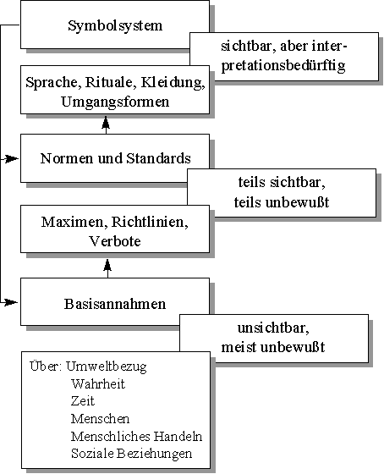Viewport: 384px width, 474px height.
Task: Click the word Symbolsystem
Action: coord(115,26)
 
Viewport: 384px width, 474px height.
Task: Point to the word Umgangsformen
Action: coord(115,102)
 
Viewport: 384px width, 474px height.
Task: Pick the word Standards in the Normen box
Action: coord(158,158)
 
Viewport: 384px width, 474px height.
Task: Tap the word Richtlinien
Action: coord(150,222)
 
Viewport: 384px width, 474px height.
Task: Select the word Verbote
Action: coord(115,241)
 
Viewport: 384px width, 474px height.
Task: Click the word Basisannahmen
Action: coord(115,304)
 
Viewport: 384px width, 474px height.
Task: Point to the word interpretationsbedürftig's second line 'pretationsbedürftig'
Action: coord(283,66)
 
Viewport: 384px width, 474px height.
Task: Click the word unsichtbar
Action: coord(273,328)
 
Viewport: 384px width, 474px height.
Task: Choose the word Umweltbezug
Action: coord(107,367)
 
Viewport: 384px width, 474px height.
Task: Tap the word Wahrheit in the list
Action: coord(98,384)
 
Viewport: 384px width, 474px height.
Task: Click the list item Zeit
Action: coord(83,401)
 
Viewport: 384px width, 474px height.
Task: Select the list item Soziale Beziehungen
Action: coord(131,454)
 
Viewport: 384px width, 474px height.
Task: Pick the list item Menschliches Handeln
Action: coord(136,436)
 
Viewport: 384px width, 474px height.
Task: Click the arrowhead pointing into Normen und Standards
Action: coord(12,158)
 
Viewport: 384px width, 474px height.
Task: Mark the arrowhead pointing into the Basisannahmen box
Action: coord(12,301)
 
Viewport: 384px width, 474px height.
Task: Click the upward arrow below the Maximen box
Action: coord(107,268)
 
